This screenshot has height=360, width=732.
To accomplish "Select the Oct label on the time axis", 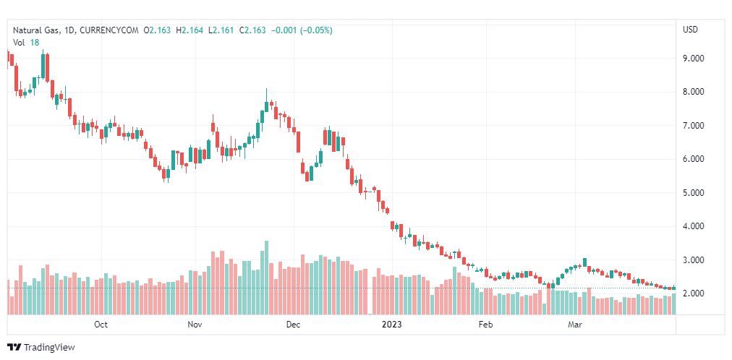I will (x=101, y=325).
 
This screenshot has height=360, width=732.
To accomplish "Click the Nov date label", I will (x=195, y=325).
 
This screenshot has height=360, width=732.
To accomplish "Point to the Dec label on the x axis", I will (x=293, y=325).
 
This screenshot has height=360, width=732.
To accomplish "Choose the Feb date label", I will (x=485, y=325).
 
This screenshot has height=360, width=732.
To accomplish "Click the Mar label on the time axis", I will (x=575, y=325).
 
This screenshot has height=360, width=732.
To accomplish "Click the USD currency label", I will (x=690, y=30).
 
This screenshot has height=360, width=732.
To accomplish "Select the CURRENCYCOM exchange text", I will (x=108, y=30).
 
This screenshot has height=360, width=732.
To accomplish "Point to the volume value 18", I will (x=34, y=43).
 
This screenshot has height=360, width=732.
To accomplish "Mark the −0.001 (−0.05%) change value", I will (x=302, y=30).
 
